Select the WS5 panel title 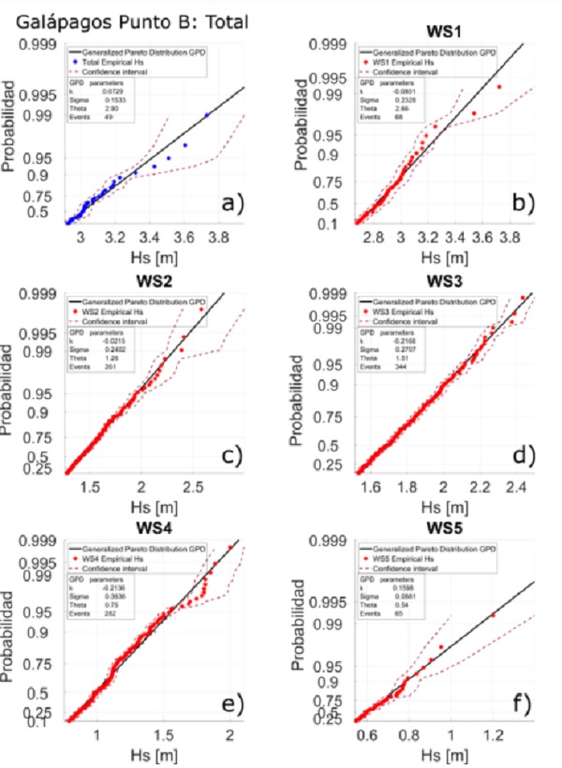(428, 528)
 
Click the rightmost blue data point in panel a (207, 114)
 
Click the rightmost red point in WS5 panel (493, 615)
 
